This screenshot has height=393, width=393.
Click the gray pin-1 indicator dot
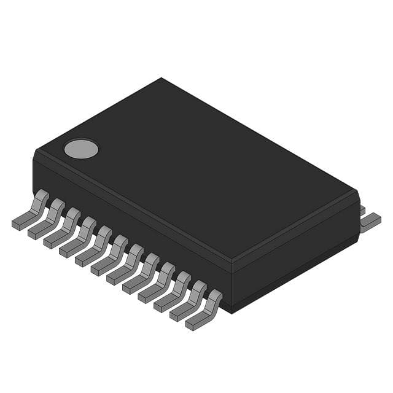click(81, 148)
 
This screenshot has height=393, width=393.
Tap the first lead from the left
click(31, 211)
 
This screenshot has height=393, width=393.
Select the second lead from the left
click(47, 220)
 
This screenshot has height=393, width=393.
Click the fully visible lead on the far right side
click(370, 222)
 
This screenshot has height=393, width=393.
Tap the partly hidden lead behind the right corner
click(362, 210)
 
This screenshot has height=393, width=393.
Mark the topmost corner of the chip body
click(161, 78)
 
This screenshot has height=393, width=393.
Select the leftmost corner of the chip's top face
click(36, 151)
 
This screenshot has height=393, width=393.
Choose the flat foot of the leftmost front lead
click(20, 224)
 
